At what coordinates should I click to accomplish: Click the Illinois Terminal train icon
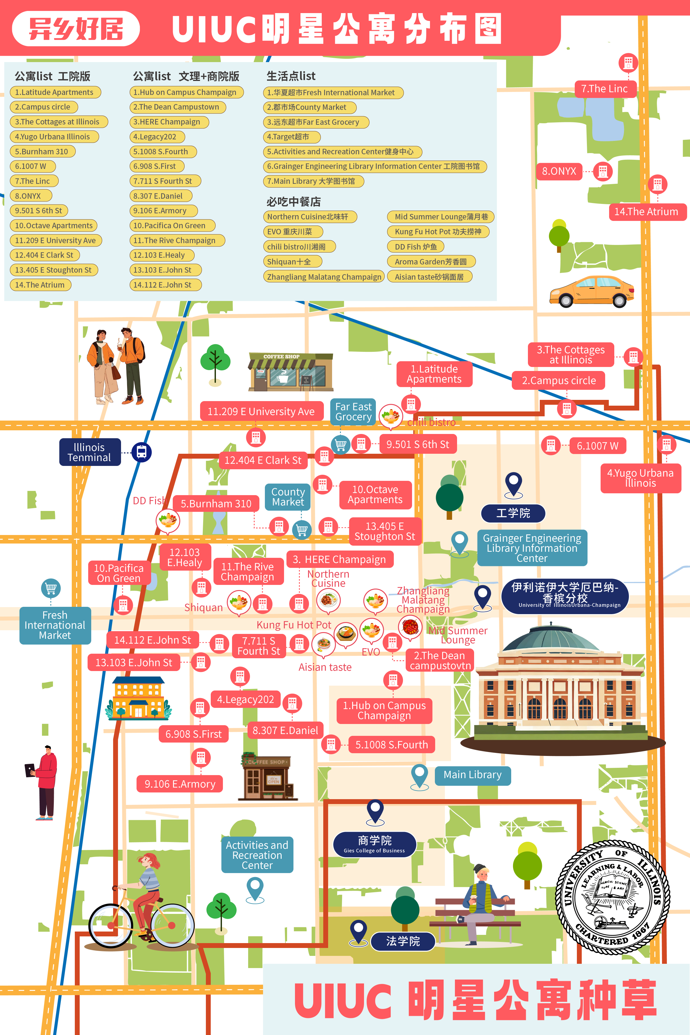click(142, 452)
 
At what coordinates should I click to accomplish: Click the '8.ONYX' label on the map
click(559, 171)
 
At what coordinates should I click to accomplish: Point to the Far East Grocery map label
click(353, 412)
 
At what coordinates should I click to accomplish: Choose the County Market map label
click(288, 497)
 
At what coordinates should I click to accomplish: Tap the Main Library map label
click(473, 775)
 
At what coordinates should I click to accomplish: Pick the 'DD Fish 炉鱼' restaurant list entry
click(416, 247)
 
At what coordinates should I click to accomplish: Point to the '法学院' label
click(403, 941)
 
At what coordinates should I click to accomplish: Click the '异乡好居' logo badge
click(76, 29)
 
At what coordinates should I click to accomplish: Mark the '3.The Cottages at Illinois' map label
click(571, 355)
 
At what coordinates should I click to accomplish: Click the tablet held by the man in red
click(30, 770)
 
